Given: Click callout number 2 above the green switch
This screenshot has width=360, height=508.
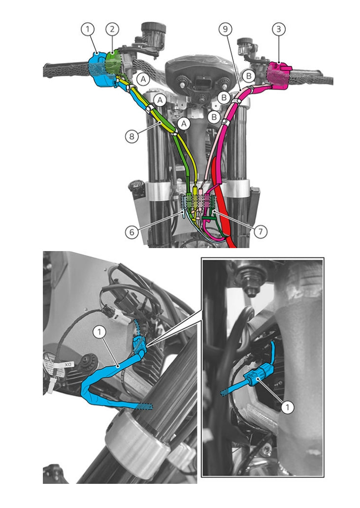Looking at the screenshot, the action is coord(112,30).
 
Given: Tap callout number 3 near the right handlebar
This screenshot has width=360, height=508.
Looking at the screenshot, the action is coord(278,30).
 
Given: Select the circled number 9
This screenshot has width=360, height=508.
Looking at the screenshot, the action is coord(225,30).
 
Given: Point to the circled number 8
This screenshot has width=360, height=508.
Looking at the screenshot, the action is coord(131,136).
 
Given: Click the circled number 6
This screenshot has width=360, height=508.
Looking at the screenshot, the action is coord(131,232).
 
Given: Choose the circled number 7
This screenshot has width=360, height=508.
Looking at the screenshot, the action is coord(261,232).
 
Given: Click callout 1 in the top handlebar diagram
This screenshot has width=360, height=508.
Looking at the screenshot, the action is coord(88,30).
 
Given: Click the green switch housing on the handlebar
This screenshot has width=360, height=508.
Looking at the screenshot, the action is coord(114,63).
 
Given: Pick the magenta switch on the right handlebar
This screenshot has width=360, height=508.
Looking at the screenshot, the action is coord(279,75).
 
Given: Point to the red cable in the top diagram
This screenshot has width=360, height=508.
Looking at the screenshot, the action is coord(222,201).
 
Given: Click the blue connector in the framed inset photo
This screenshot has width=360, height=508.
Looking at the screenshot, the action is coord(259,375).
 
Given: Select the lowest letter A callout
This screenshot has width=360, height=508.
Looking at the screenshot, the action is coord(184,123).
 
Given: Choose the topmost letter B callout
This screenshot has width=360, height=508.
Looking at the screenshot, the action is coord(249,76).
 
